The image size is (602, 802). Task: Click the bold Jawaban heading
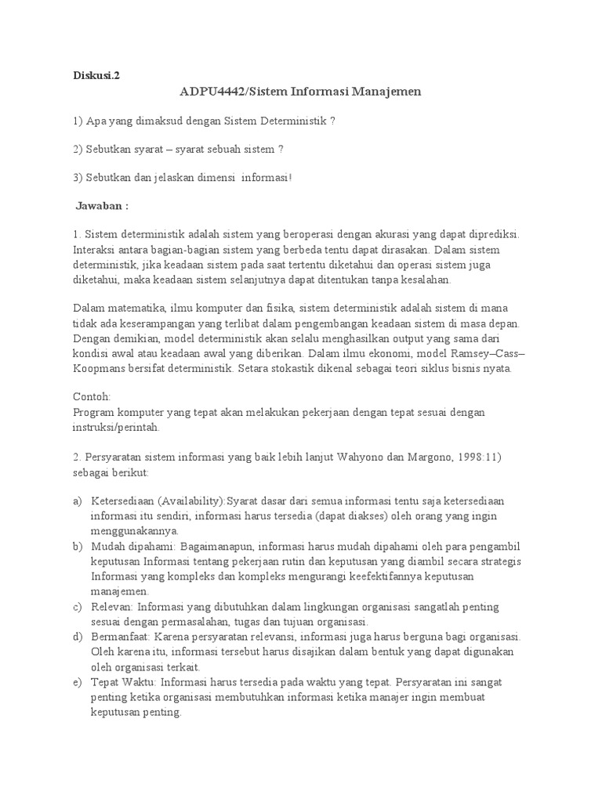[102, 206]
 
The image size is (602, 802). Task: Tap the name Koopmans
[101, 368]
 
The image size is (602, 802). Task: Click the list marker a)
[77, 500]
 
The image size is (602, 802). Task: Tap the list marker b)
[77, 546]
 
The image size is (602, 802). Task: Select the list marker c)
[77, 607]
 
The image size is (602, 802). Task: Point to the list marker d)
[77, 637]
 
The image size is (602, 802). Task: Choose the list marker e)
[77, 683]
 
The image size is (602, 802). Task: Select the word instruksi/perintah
[115, 428]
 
